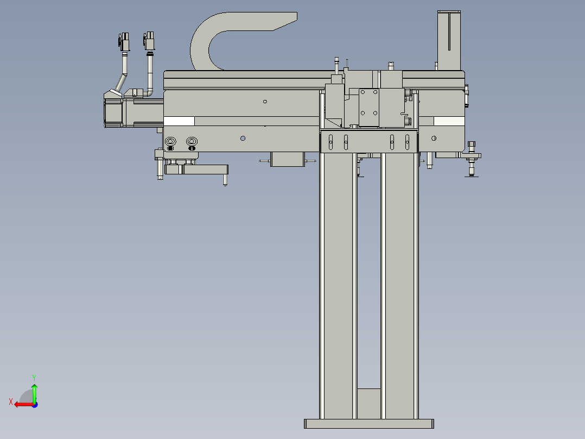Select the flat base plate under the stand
(x=369, y=424)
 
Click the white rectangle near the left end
(x=179, y=121)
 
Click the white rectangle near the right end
(x=449, y=121)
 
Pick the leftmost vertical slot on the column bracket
(x=330, y=142)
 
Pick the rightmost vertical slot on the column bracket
(x=407, y=142)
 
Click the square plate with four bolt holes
(x=368, y=106)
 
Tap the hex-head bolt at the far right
(x=471, y=145)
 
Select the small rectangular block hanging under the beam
(x=287, y=159)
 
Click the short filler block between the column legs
(x=370, y=403)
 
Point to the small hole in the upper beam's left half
(x=265, y=101)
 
